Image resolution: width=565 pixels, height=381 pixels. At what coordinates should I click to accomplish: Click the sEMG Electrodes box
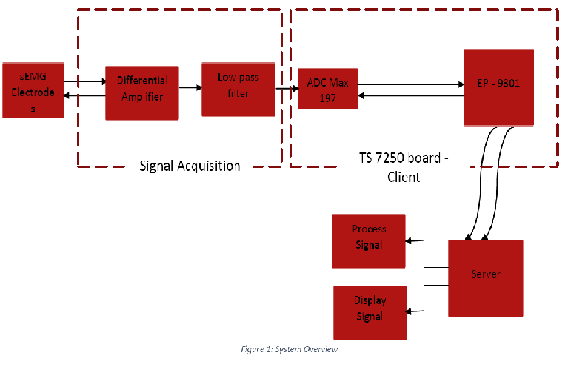tap(33, 90)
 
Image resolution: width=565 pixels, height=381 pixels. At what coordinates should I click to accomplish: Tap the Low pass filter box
tap(238, 89)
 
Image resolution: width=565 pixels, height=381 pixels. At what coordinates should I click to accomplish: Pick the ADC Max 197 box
tap(327, 88)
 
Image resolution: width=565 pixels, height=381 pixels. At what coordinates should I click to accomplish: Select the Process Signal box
tap(368, 240)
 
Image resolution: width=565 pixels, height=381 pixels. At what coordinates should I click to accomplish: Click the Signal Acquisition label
tap(190, 166)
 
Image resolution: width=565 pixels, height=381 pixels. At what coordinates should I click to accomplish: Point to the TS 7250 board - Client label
tap(404, 168)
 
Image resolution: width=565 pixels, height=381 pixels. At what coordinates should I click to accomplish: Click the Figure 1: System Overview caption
tap(290, 348)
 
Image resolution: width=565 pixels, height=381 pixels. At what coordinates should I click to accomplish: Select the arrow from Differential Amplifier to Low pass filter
tap(190, 88)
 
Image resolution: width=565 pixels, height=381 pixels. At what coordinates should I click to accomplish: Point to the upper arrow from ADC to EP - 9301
tap(411, 84)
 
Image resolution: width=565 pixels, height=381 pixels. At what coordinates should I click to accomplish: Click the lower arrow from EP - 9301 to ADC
tap(411, 95)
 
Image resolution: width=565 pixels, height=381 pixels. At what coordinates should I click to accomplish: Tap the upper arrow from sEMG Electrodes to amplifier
tap(84, 82)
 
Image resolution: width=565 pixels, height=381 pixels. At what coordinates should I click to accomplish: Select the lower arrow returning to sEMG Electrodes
tap(84, 95)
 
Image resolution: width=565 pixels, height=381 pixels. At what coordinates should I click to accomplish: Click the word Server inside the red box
tap(485, 274)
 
